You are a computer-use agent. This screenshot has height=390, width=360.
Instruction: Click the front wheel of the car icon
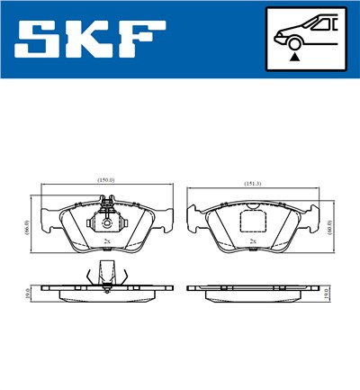tap(294, 42)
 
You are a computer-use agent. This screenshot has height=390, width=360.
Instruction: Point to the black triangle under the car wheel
tap(294, 56)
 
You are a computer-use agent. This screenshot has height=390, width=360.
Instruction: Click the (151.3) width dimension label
tap(254, 184)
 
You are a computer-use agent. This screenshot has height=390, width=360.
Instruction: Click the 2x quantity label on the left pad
tap(107, 242)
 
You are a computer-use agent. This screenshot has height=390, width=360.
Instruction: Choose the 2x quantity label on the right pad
tap(253, 242)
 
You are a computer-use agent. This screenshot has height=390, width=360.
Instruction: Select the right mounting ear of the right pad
tap(312, 217)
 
